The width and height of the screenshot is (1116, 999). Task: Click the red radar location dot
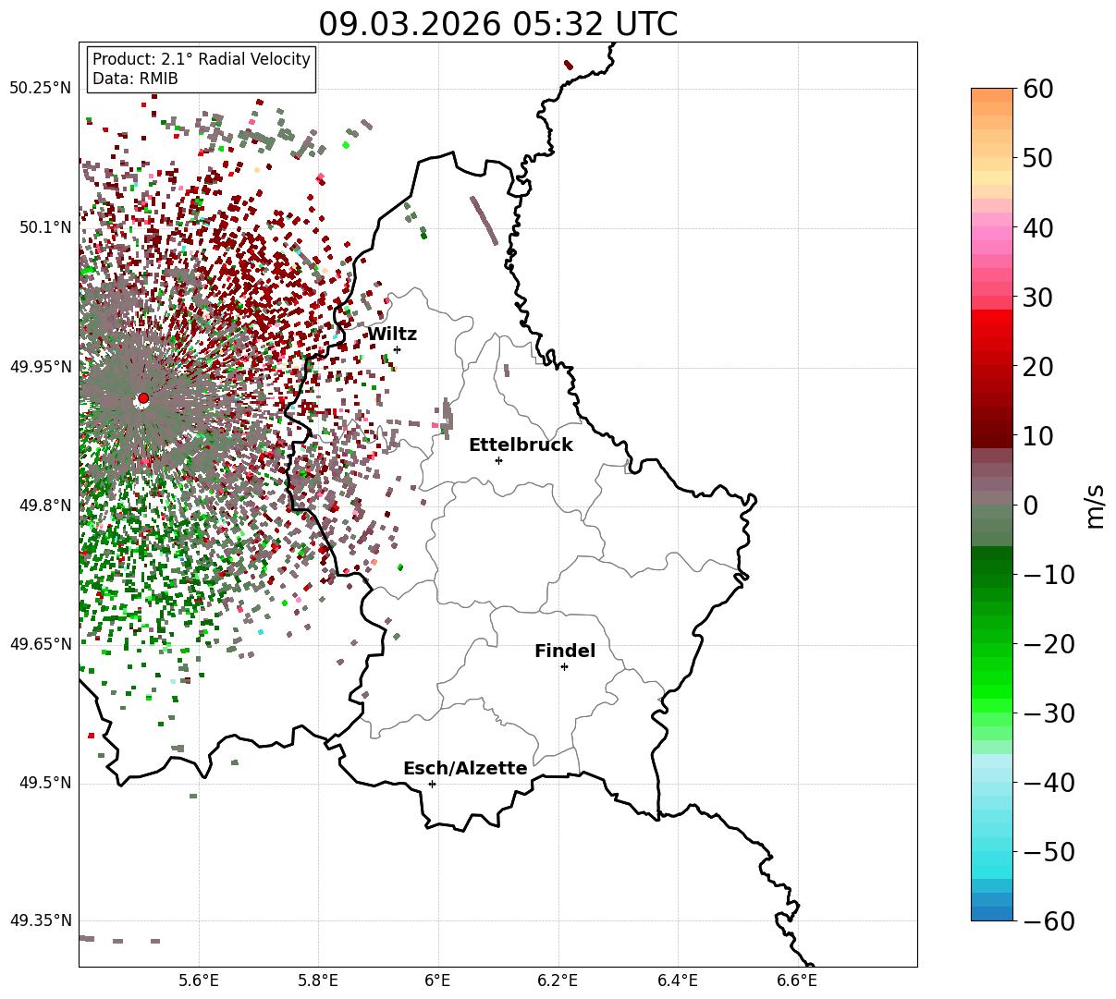(143, 398)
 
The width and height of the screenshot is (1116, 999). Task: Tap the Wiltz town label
(392, 335)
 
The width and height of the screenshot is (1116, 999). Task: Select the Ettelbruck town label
(521, 445)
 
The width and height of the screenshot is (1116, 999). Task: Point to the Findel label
(565, 652)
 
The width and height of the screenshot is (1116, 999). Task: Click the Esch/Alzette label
(465, 769)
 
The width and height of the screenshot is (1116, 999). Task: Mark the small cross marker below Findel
(564, 666)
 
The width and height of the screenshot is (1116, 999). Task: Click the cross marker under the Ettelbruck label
(498, 460)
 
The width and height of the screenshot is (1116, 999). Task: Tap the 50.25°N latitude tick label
(41, 89)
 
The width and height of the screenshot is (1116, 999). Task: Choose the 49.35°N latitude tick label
(41, 921)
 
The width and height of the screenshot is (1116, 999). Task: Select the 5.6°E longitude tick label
(199, 980)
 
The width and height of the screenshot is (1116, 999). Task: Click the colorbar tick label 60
(1039, 90)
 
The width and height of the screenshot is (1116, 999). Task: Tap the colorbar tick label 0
(1030, 506)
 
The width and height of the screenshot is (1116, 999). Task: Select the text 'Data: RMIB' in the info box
(135, 79)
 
